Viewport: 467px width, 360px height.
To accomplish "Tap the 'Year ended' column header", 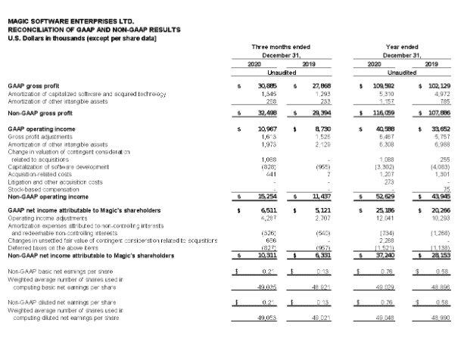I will tap(397, 47).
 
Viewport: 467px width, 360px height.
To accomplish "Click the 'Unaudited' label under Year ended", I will tap(397, 73).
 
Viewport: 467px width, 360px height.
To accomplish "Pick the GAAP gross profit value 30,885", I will tap(266, 87).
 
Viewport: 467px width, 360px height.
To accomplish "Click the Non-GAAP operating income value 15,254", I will tap(266, 196).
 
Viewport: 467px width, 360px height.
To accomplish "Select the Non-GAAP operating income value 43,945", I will tap(439, 196).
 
